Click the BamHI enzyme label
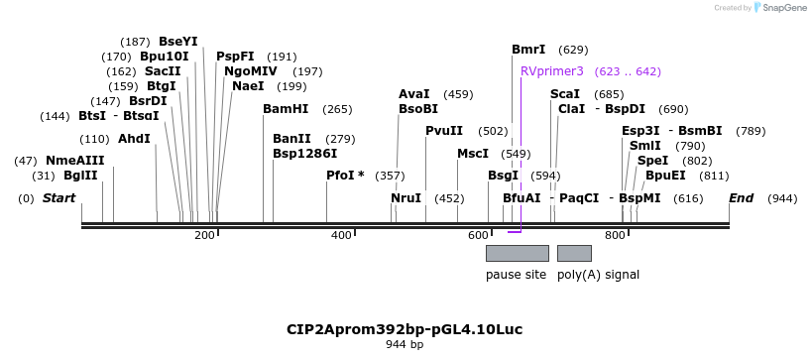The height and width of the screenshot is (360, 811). [x=286, y=109]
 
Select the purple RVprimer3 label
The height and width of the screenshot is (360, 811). [x=551, y=71]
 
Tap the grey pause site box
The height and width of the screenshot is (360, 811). [x=517, y=253]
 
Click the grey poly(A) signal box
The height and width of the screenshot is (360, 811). [x=574, y=253]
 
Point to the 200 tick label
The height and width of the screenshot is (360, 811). [x=204, y=235]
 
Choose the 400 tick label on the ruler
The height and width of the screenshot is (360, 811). [x=341, y=235]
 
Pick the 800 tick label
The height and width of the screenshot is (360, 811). [x=615, y=235]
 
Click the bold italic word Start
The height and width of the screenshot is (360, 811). [x=58, y=198]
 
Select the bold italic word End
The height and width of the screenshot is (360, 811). [x=742, y=198]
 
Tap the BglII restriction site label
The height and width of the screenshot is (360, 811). [x=80, y=176]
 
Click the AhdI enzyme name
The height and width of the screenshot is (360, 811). [x=134, y=138]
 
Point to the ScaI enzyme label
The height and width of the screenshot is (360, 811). [x=565, y=93]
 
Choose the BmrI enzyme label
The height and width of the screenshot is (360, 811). [x=528, y=49]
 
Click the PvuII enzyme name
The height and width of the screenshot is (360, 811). [x=444, y=130]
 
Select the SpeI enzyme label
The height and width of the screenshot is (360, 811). [x=652, y=160]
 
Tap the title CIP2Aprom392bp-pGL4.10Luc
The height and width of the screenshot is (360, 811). [x=405, y=328]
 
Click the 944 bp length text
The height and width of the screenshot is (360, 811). [x=405, y=345]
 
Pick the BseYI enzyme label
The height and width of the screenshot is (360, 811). [x=178, y=42]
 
